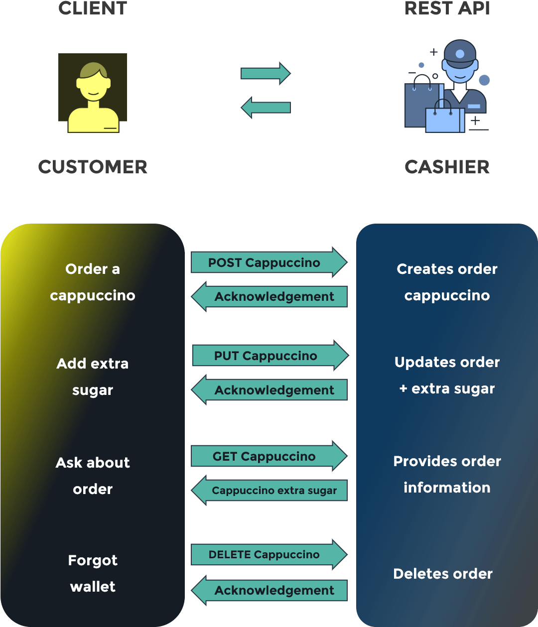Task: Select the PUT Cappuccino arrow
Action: (x=269, y=356)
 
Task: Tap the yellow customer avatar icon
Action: (x=93, y=98)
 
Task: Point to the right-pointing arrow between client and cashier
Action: (x=266, y=74)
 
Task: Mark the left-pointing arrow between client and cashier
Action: (x=266, y=108)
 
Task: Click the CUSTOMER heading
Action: (x=93, y=167)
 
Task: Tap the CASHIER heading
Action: (x=447, y=167)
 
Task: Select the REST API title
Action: (x=447, y=8)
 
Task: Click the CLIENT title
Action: (x=93, y=8)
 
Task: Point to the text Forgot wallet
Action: (x=93, y=573)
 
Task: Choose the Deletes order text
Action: (x=443, y=574)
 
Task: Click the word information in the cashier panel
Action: (x=447, y=488)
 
